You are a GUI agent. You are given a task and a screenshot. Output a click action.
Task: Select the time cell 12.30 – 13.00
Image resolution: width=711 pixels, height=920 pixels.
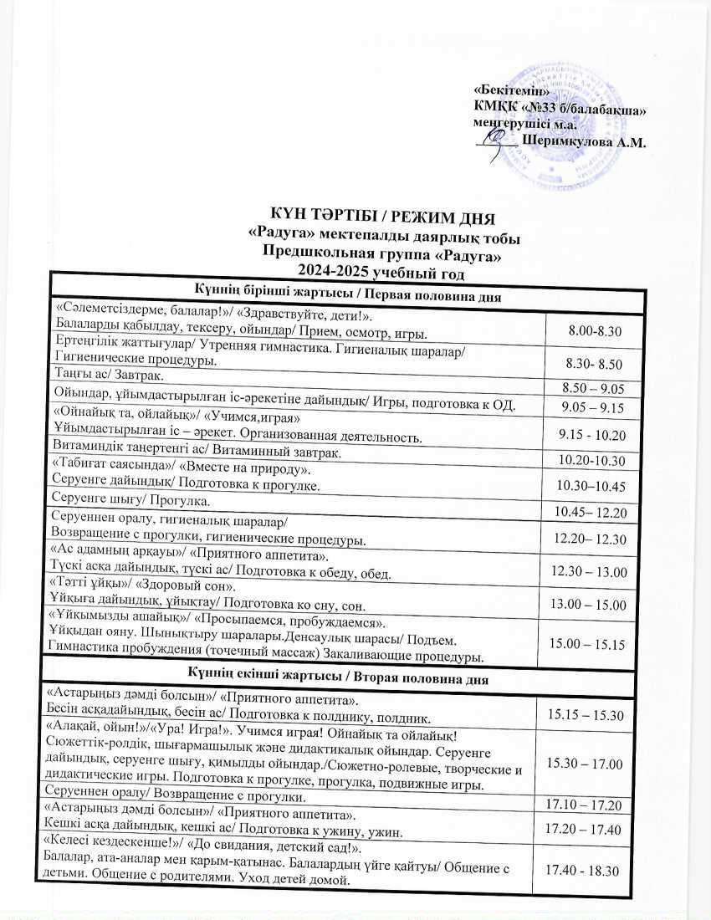591,573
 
